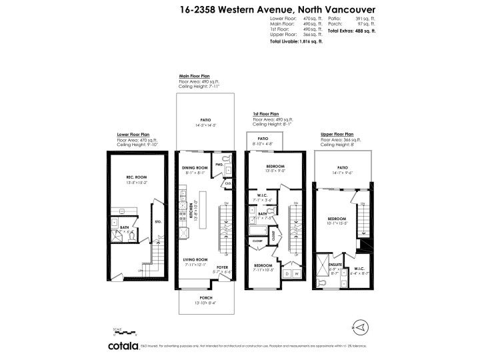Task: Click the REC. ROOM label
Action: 136,177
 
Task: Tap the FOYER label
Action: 222,266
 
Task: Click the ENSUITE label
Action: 335,265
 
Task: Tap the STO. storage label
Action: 158,221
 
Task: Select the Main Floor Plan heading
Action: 193,76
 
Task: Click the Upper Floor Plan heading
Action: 337,134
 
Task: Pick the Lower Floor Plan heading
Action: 133,134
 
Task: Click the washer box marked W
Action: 296,274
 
